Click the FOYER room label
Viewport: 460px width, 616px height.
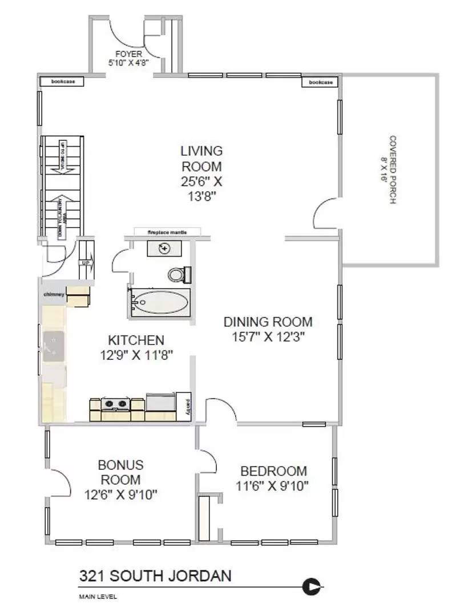(x=132, y=54)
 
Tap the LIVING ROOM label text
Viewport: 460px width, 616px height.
(x=201, y=159)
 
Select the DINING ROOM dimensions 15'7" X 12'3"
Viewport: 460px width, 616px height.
(x=268, y=337)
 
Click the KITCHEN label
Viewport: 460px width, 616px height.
(x=136, y=341)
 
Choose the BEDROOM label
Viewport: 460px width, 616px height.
(x=273, y=471)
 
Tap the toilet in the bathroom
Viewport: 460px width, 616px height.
(x=177, y=274)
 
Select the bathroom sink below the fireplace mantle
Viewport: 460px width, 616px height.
(x=165, y=248)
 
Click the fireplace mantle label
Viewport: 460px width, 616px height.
(x=167, y=232)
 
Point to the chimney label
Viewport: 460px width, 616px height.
(x=53, y=294)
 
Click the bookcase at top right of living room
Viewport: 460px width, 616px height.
(x=320, y=82)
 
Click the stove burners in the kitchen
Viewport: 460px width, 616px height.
(x=116, y=405)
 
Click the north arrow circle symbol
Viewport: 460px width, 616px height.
(x=312, y=586)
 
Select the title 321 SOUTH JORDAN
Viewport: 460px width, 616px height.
(x=155, y=576)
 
